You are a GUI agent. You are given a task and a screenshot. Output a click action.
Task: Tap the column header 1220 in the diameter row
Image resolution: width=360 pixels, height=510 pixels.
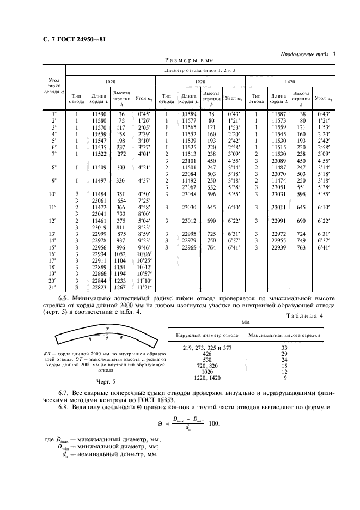(200, 81)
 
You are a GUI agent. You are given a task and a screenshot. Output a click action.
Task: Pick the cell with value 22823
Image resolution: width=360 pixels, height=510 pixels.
(99, 287)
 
